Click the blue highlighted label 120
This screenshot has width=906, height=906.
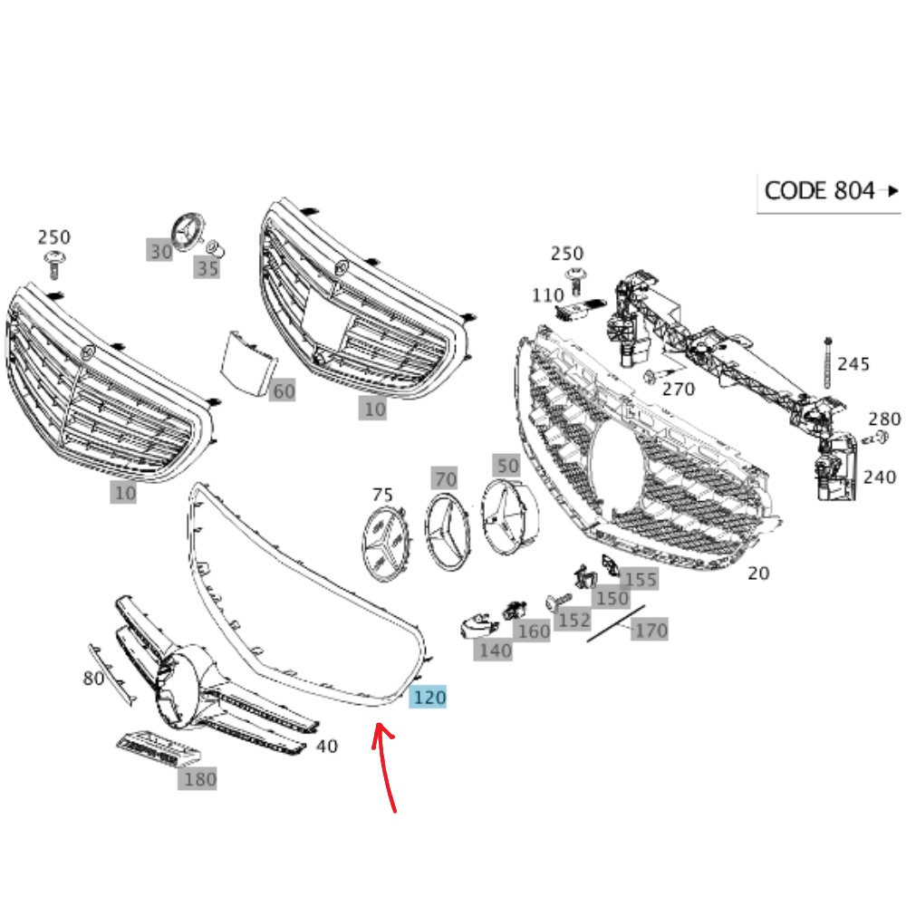(429, 698)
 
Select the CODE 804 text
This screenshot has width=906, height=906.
(820, 190)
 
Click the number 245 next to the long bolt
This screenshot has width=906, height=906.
(853, 364)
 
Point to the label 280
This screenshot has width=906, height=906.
(884, 419)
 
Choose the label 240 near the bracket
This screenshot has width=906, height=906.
(879, 477)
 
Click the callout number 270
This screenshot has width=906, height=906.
(678, 390)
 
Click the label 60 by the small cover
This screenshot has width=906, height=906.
(284, 391)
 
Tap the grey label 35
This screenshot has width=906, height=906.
(207, 268)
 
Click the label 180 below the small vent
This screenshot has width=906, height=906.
(199, 778)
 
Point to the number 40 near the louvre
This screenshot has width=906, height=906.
(326, 747)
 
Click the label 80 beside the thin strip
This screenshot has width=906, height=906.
(93, 678)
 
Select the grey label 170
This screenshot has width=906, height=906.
(651, 630)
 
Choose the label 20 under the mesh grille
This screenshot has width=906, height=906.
(757, 573)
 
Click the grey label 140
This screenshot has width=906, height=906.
(495, 650)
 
